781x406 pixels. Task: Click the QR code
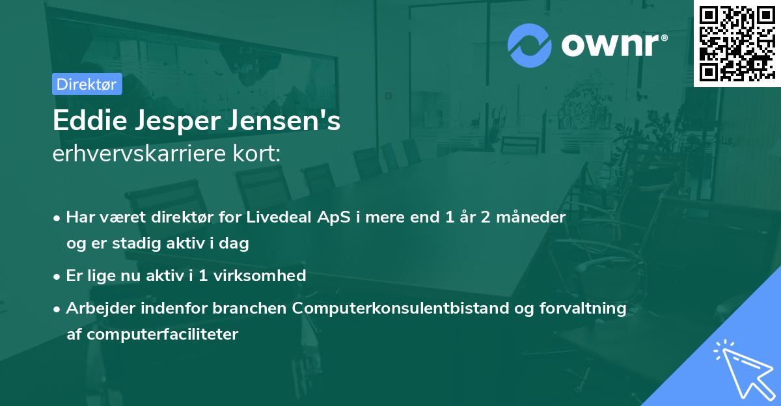coord(737,43)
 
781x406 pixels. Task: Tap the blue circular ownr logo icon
coord(530,45)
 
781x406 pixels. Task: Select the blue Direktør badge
coord(87,84)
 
